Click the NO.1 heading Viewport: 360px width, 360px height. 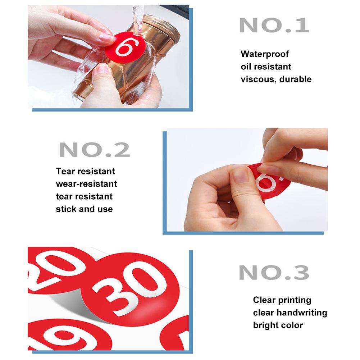tap(274, 25)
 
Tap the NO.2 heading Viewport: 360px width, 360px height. tap(95, 150)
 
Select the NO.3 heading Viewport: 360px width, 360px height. tap(274, 273)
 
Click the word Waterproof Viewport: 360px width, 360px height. tap(265, 54)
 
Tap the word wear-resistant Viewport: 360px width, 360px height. tap(86, 184)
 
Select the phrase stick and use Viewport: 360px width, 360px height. tap(84, 209)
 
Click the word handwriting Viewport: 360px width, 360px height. tap(302, 313)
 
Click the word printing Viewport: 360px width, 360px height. tap(295, 300)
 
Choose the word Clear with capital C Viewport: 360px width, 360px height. tap(264, 300)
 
